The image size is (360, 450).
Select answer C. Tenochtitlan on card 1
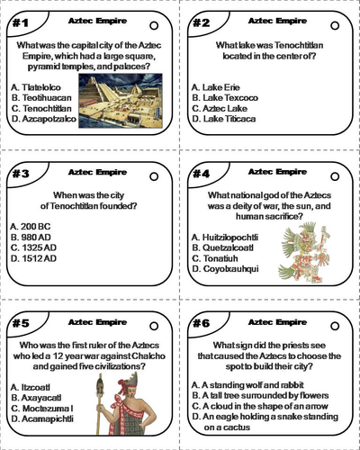pos(45,107)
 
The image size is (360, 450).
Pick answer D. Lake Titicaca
pos(229,118)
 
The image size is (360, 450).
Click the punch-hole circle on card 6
pos(334,326)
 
